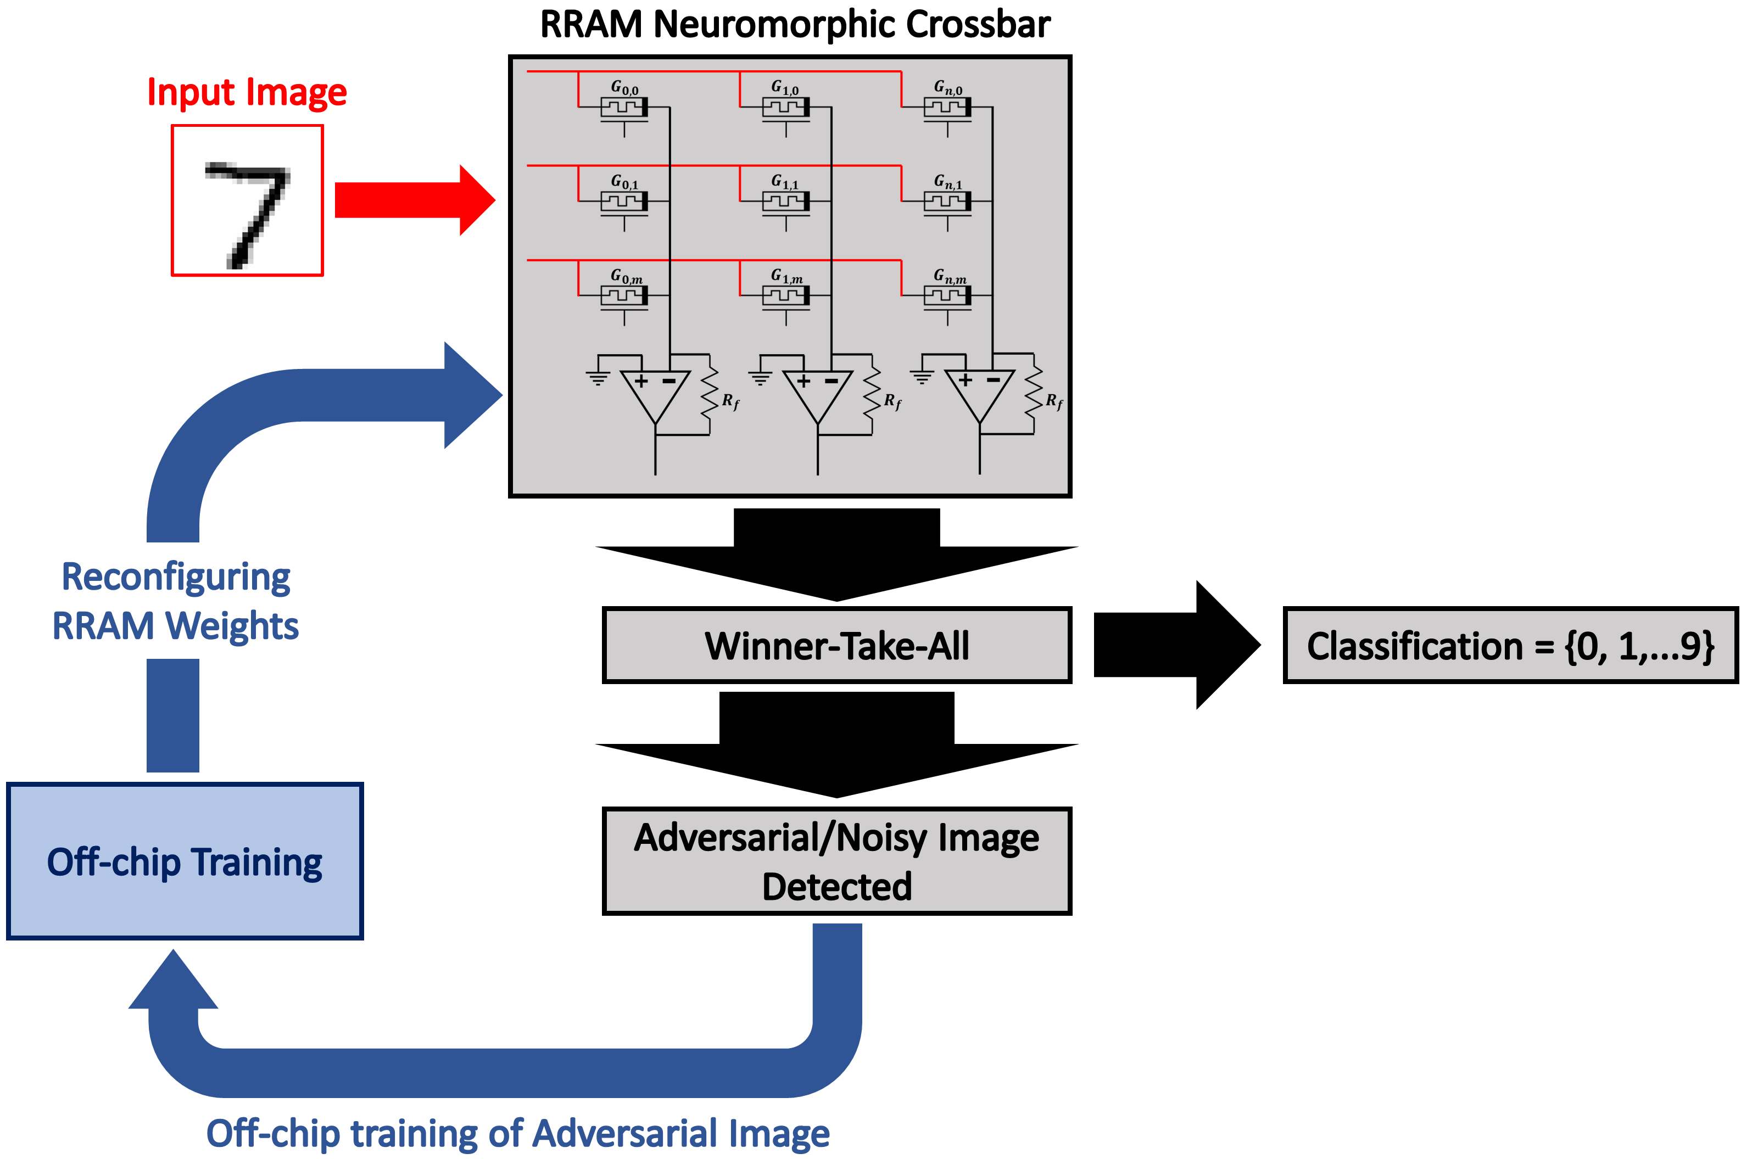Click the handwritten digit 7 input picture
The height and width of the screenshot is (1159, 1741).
247,200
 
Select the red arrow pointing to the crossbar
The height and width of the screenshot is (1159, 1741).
415,200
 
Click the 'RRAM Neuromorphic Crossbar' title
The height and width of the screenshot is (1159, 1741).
795,24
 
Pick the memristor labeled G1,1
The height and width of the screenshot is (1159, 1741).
786,203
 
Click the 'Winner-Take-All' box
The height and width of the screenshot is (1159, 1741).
837,645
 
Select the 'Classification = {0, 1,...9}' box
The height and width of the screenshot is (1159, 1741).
1510,645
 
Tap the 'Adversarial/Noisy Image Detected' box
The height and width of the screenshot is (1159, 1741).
837,861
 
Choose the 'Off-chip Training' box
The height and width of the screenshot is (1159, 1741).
185,861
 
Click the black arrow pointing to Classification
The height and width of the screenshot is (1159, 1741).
1177,645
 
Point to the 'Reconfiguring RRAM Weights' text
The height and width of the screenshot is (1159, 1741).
175,601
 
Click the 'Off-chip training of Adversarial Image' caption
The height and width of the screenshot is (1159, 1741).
517,1133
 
